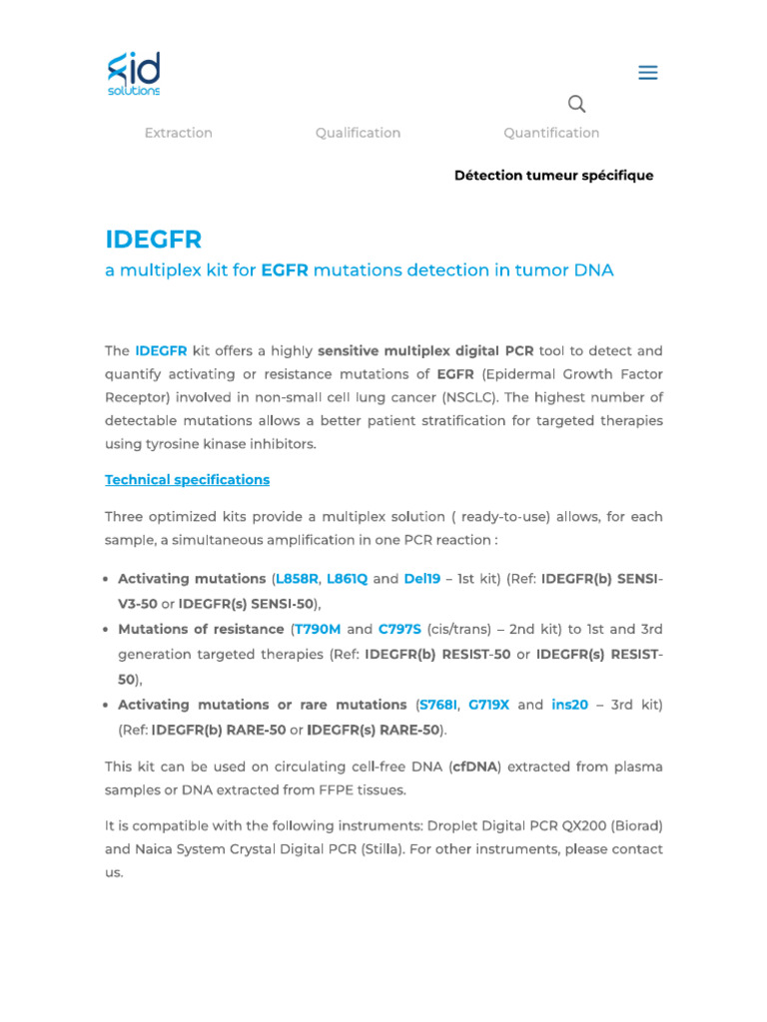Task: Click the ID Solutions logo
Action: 134,74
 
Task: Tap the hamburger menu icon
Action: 648,73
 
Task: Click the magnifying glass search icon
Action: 576,104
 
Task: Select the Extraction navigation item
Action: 179,133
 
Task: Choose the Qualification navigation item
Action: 358,133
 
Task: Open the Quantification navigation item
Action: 551,133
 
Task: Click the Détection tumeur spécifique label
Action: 553,176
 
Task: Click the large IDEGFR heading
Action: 154,240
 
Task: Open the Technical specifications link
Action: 187,480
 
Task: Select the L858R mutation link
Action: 297,579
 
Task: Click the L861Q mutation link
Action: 348,579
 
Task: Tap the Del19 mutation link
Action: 422,579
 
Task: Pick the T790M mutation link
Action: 318,630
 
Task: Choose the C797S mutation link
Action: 399,630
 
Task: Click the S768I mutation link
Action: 438,705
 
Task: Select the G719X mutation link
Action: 489,705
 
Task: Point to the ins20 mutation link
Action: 570,705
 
